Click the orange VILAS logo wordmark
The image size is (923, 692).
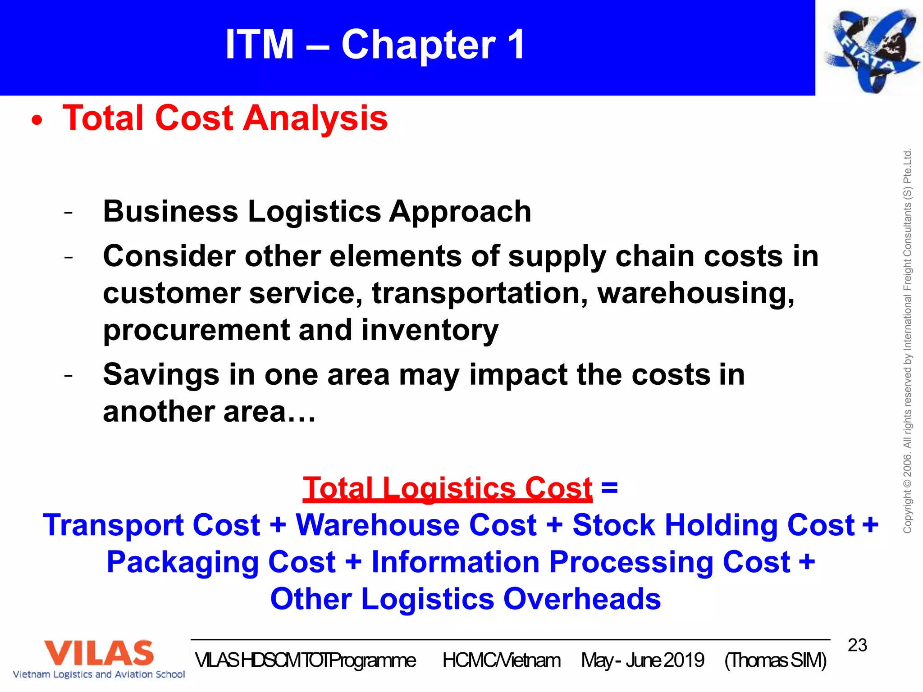[98, 653]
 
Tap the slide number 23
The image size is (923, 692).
[857, 645]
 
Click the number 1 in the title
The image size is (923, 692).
[516, 44]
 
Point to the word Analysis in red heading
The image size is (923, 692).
[315, 118]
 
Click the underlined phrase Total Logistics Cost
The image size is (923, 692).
[447, 488]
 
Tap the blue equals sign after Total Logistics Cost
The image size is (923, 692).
[609, 487]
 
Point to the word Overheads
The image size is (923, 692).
[581, 599]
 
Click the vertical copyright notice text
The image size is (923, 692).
[907, 341]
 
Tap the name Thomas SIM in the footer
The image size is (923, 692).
[775, 660]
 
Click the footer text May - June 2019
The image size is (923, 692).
[642, 660]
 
